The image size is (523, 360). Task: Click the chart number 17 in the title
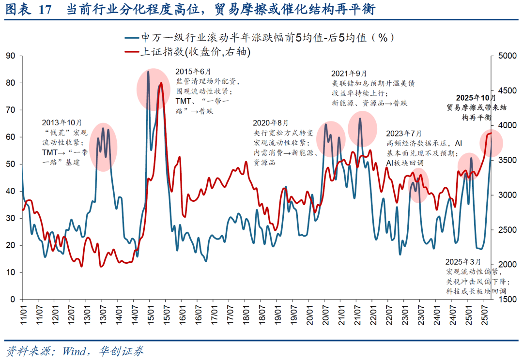[45, 10]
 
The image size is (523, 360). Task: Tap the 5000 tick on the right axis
[505, 56]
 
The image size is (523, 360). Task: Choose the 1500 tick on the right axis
[505, 300]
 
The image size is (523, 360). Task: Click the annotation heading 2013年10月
[62, 123]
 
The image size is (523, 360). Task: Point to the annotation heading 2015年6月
[193, 71]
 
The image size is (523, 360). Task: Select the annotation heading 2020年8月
[270, 122]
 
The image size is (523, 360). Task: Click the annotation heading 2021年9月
[349, 73]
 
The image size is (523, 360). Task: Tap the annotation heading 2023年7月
[404, 133]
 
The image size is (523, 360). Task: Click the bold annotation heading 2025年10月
[476, 97]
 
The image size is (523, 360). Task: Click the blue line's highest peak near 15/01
[148, 72]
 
